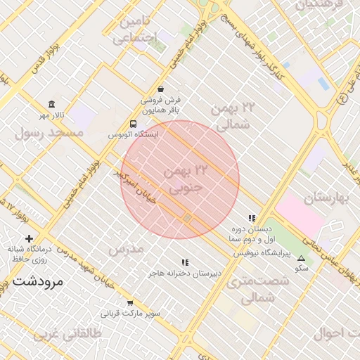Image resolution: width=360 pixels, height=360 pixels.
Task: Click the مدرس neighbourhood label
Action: click(x=126, y=249)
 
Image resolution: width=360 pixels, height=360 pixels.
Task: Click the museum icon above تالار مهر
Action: click(x=51, y=104)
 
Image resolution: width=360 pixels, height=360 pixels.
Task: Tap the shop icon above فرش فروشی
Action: click(x=161, y=89)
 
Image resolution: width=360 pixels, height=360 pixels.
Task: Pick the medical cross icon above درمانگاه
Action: click(x=29, y=239)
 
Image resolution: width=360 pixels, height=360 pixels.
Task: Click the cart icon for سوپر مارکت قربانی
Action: click(x=130, y=303)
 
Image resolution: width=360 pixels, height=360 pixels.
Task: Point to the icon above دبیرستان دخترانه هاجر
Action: click(x=185, y=262)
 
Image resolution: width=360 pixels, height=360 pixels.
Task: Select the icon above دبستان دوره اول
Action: click(x=252, y=219)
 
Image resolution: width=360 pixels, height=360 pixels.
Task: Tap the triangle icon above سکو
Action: click(x=302, y=258)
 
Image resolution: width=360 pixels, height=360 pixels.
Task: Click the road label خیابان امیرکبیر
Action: click(x=144, y=190)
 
